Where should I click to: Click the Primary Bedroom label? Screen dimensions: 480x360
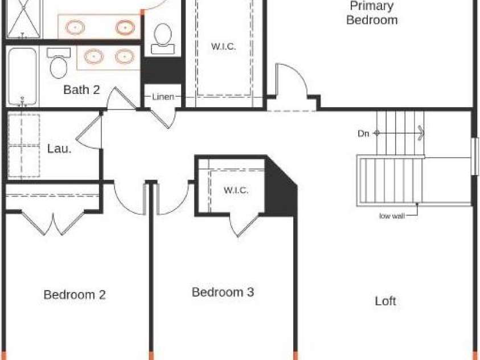coord(372,13)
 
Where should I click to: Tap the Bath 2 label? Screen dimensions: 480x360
coord(81,89)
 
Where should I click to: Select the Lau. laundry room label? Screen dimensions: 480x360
coord(59,149)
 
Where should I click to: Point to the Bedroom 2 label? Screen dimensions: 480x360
coord(75,295)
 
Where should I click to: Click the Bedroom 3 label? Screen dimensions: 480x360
coord(223,292)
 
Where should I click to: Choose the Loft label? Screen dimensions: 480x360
coord(385,301)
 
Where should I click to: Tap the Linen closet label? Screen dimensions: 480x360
coord(163,97)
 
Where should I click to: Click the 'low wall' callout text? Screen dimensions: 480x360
coord(392,216)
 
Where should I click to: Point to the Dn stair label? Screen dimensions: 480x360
coord(363,133)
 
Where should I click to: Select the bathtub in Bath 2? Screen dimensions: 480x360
coord(22,76)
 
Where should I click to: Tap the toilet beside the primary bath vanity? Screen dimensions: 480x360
coord(163,39)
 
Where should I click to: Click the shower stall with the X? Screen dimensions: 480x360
coord(23,19)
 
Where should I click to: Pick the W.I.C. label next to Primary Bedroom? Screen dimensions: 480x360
coord(223,47)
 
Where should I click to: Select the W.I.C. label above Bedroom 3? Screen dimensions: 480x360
coord(236,190)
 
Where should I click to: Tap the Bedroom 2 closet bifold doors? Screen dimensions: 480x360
coord(53,223)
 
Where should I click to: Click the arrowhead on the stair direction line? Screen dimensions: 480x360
coord(421,133)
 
